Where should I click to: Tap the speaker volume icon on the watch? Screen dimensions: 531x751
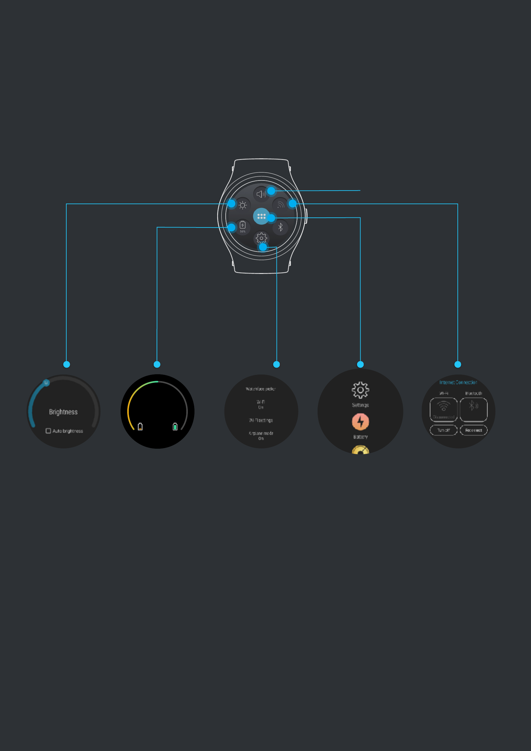pyautogui.click(x=261, y=194)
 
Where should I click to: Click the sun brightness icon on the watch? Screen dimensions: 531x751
pyautogui.click(x=242, y=205)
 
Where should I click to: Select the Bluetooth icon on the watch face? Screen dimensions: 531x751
pyautogui.click(x=280, y=227)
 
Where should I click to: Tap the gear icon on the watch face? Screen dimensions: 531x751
pyautogui.click(x=261, y=238)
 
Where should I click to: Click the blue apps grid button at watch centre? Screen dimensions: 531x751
pyautogui.click(x=261, y=216)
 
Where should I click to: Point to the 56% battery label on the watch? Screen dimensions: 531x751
pyautogui.click(x=242, y=232)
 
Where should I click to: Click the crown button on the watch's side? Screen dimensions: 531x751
pyautogui.click(x=306, y=216)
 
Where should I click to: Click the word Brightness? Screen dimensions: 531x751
pyautogui.click(x=63, y=412)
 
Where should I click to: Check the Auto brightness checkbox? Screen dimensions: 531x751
pyautogui.click(x=48, y=431)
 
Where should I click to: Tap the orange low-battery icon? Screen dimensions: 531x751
pyautogui.click(x=140, y=427)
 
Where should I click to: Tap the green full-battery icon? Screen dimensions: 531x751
pyautogui.click(x=175, y=427)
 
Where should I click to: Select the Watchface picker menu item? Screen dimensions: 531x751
pyautogui.click(x=261, y=389)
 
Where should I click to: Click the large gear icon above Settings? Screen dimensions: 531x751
pyautogui.click(x=360, y=390)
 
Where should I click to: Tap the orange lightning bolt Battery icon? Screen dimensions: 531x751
pyautogui.click(x=360, y=422)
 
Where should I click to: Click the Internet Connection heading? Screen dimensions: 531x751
pyautogui.click(x=458, y=382)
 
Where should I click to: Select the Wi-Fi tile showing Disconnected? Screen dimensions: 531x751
pyautogui.click(x=443, y=410)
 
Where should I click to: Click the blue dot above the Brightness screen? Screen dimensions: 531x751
pyautogui.click(x=66, y=364)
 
